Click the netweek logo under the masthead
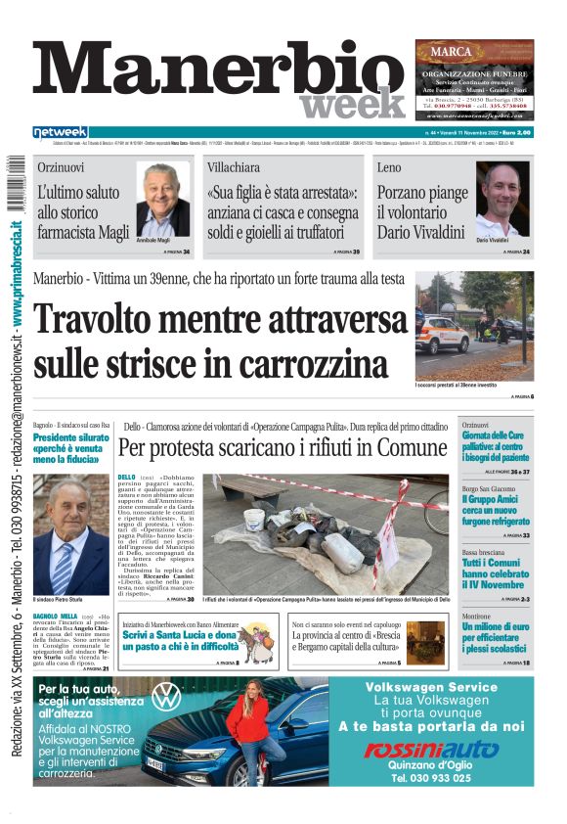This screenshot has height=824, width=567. tap(60, 132)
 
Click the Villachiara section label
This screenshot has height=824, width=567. tap(233, 167)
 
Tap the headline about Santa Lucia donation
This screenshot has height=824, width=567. tap(182, 640)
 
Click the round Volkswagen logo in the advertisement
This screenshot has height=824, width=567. tap(165, 697)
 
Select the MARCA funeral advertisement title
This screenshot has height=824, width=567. tap(473, 55)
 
